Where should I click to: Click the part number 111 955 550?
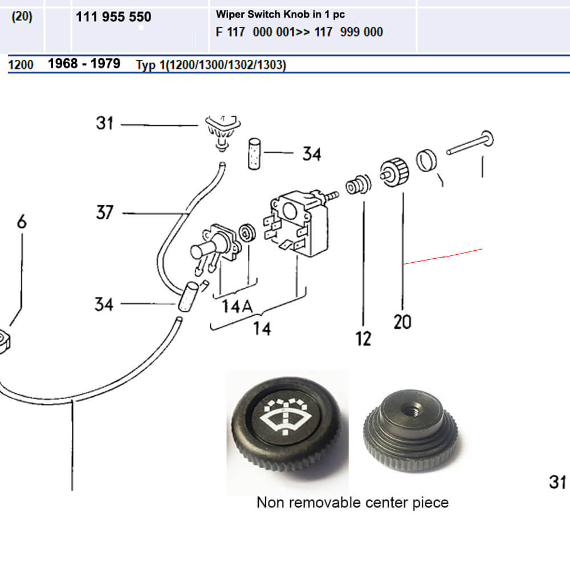click(x=113, y=17)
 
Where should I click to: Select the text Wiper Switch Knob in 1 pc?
click(x=280, y=14)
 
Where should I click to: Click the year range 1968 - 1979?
click(x=84, y=63)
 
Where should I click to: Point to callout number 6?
click(x=22, y=221)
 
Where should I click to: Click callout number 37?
click(x=105, y=213)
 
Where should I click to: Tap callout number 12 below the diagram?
click(x=363, y=339)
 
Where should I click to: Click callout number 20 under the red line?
click(x=402, y=322)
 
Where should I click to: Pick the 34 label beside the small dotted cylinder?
click(x=311, y=154)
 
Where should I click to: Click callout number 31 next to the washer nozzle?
click(x=105, y=123)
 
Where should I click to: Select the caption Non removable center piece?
click(x=352, y=502)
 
